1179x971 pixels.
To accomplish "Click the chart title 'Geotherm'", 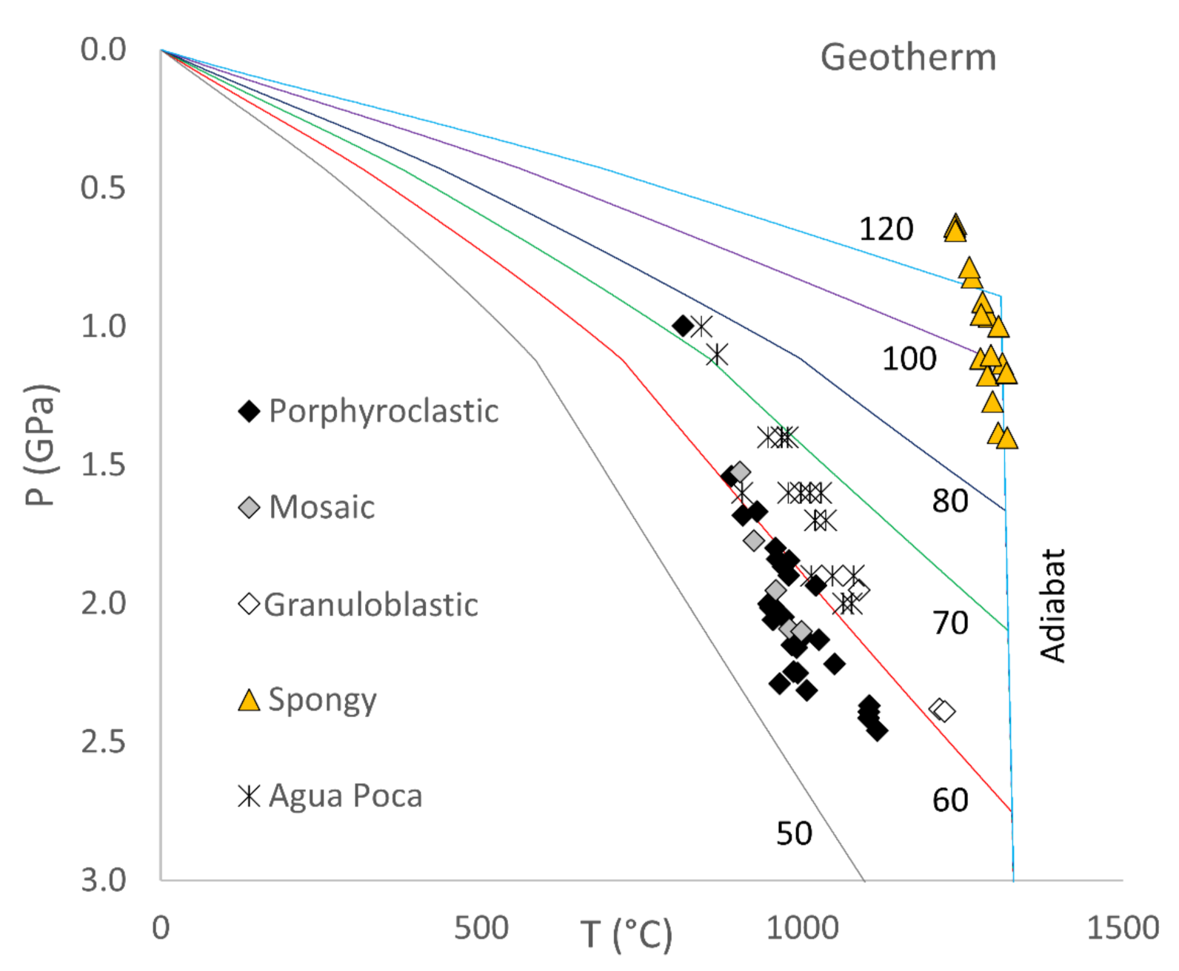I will click(x=908, y=58).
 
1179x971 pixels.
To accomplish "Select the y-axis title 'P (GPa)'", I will click(x=40, y=444).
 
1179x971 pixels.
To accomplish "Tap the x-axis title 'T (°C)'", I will click(x=627, y=934).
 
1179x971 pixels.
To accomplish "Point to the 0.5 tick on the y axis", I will click(x=104, y=188).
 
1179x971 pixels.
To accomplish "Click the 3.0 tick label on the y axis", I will click(x=104, y=880).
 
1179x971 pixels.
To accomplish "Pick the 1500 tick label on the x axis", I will click(x=1122, y=928).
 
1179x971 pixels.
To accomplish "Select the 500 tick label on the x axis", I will click(x=481, y=928).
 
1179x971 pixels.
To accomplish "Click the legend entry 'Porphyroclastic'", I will click(x=383, y=411).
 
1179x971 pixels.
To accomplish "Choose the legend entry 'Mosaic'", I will click(x=321, y=508).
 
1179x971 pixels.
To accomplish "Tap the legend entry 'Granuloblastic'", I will click(x=370, y=605).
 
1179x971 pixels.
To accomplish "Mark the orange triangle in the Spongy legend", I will click(x=249, y=700).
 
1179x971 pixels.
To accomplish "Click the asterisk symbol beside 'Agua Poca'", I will click(x=249, y=796).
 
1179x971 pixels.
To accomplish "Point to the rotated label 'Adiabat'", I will click(x=1052, y=605).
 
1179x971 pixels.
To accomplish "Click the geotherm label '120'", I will click(x=886, y=229).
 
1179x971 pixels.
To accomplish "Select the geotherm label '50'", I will click(x=794, y=834).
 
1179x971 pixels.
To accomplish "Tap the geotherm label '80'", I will click(x=950, y=502).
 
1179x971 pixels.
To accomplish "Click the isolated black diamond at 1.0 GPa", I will click(x=683, y=326).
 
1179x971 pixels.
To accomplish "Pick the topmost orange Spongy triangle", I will click(x=955, y=227).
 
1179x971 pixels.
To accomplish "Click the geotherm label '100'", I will click(x=909, y=359).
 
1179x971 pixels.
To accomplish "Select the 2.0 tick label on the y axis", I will click(x=104, y=603).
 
